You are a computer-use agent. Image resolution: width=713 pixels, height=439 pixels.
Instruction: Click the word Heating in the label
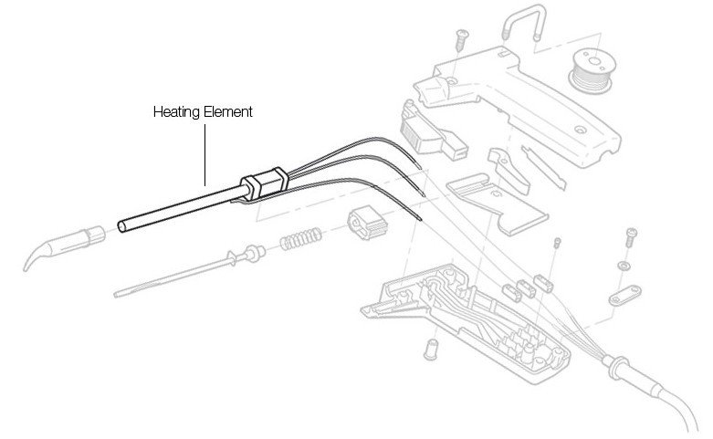coord(173,112)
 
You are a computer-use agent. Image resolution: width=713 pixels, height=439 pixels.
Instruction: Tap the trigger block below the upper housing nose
coord(430,129)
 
